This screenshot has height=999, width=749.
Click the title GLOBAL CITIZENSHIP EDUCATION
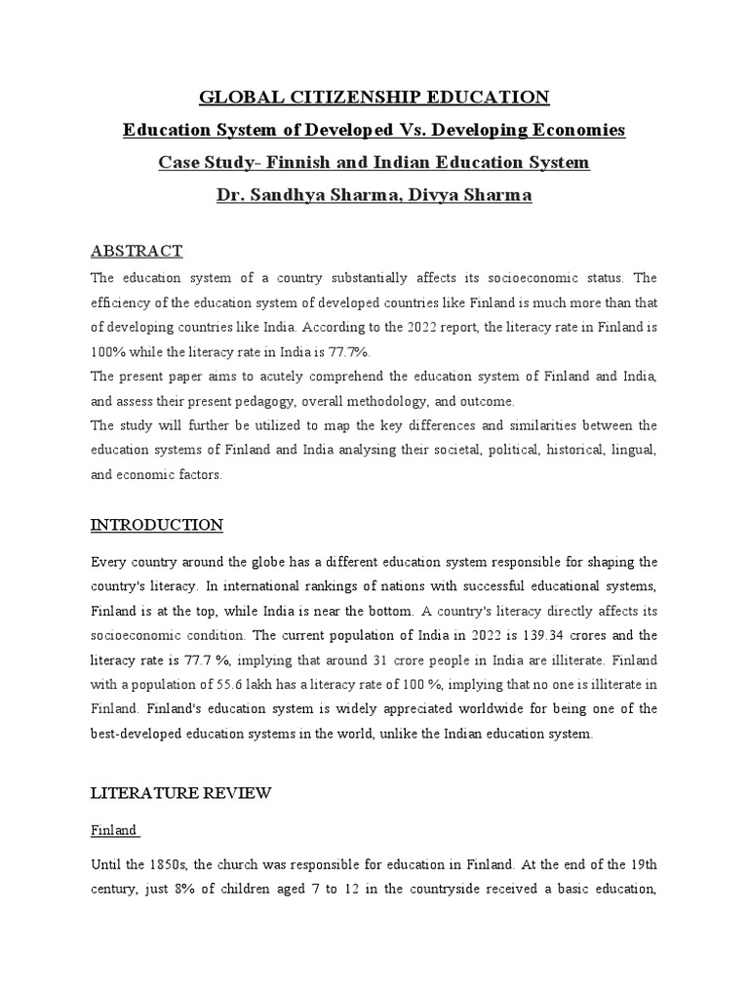pos(374,97)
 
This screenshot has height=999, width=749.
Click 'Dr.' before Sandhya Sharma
pos(231,195)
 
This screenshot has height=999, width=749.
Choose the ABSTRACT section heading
pos(137,252)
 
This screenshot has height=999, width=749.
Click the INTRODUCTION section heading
pos(157,525)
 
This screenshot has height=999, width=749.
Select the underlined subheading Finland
pos(114,831)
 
